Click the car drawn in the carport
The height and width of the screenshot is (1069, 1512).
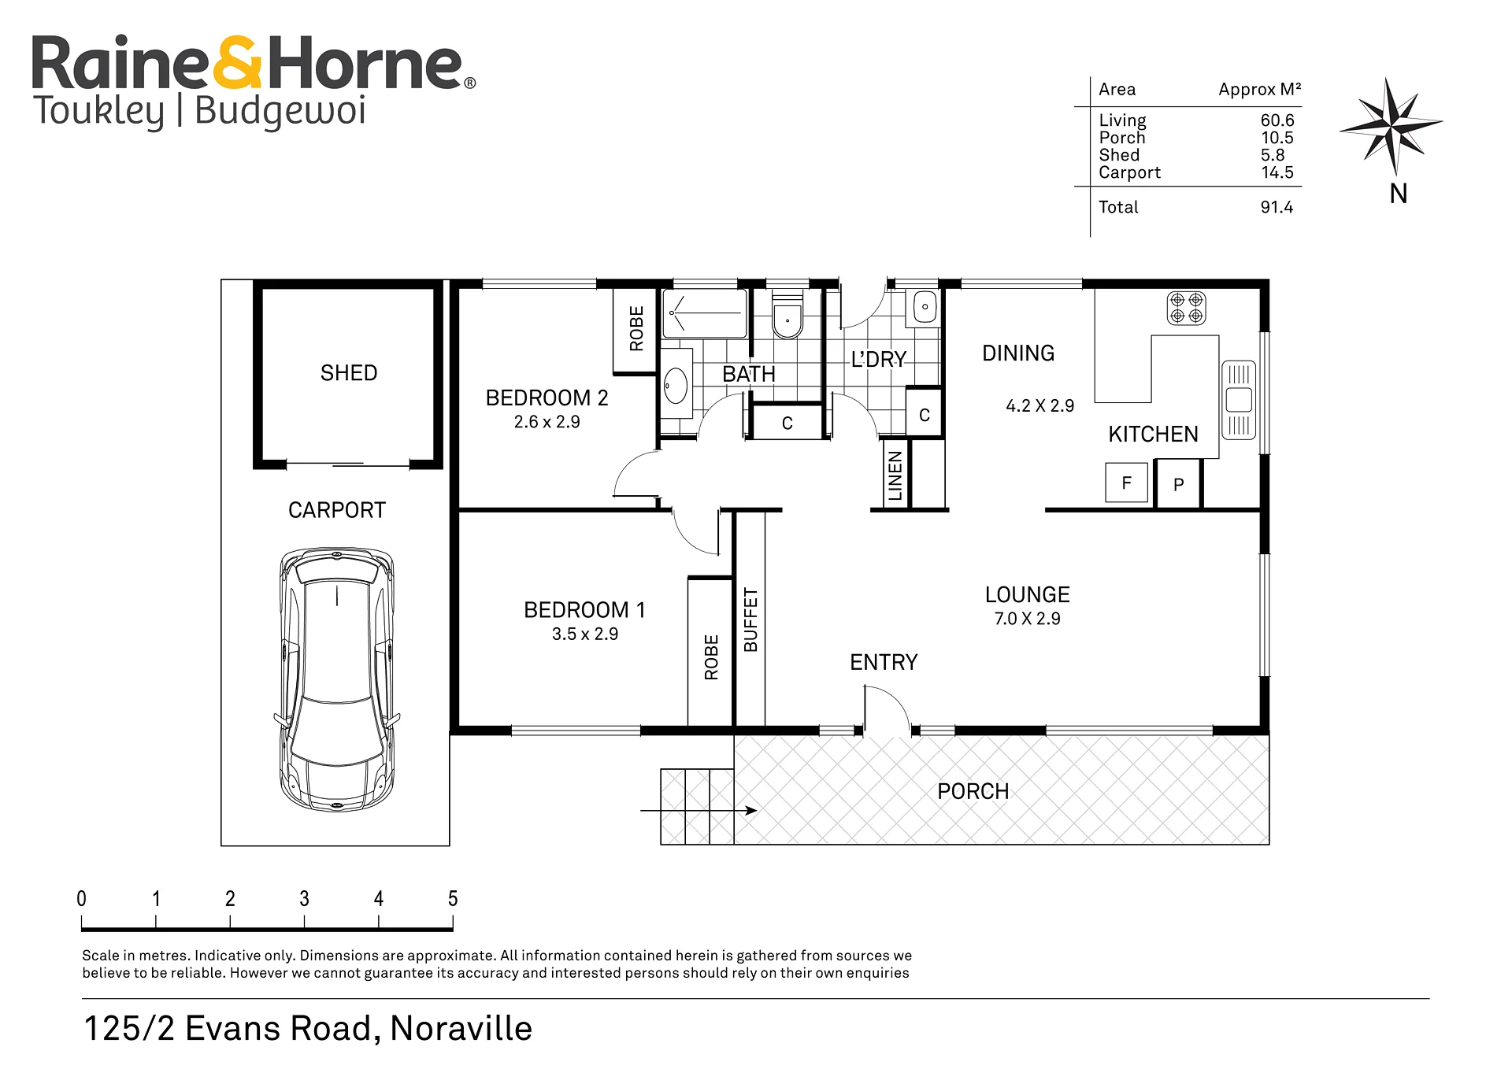(x=336, y=679)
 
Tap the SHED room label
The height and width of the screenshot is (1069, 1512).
(x=349, y=373)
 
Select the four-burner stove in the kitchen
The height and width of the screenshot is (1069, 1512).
(x=1187, y=308)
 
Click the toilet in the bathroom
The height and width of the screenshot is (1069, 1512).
(x=787, y=314)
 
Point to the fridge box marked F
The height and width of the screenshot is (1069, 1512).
(x=1126, y=483)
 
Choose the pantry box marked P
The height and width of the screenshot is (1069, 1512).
(x=1178, y=484)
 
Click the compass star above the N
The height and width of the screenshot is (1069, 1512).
(x=1392, y=125)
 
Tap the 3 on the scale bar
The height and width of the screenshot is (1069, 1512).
(x=304, y=898)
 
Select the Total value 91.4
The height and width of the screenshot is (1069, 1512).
(x=1277, y=207)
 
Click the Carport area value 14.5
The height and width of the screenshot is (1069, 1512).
(x=1277, y=172)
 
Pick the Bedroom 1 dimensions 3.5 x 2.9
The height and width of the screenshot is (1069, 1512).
(x=585, y=634)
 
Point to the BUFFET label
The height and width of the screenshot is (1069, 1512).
(x=750, y=620)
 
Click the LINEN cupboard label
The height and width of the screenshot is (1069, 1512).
(x=895, y=475)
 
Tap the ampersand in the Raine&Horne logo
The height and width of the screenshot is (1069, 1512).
(x=237, y=62)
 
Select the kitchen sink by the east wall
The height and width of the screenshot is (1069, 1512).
(x=1239, y=400)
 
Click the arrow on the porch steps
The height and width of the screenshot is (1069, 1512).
(x=699, y=810)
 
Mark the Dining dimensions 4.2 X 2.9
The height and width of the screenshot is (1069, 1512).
(x=1039, y=405)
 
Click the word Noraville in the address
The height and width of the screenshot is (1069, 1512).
(x=461, y=1028)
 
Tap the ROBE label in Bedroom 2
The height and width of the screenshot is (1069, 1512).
(x=636, y=328)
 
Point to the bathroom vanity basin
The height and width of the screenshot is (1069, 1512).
(x=676, y=386)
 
